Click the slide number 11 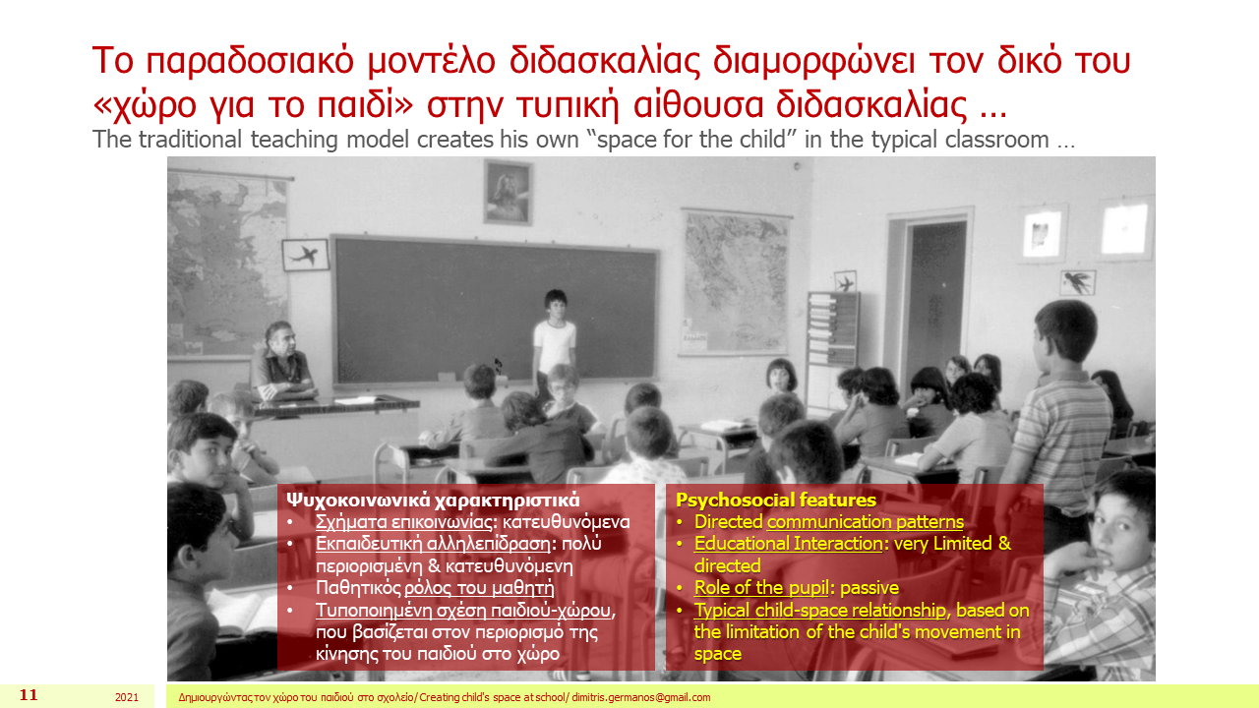tap(29, 695)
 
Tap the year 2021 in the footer tap(127, 697)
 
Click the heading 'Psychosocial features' tap(776, 500)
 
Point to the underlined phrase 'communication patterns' tap(865, 522)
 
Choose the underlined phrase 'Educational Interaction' tap(788, 544)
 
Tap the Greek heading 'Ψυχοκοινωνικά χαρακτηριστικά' tap(433, 500)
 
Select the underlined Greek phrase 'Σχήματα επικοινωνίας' tap(404, 522)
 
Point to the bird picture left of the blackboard tap(305, 255)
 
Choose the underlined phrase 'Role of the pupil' tap(761, 588)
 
